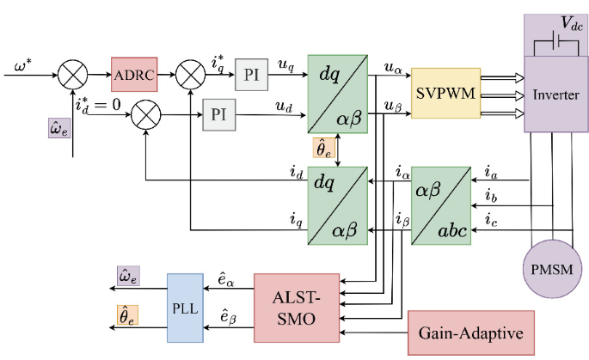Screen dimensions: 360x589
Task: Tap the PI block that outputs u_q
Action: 251,75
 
